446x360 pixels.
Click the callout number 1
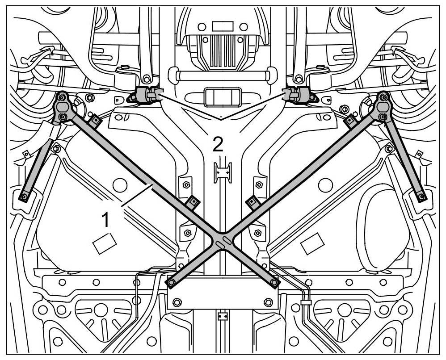(105, 220)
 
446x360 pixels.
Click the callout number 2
(218, 144)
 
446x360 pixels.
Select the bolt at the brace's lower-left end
(172, 282)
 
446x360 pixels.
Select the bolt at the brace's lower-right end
(274, 282)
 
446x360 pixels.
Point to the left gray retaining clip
(146, 95)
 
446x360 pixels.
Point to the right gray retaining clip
(297, 95)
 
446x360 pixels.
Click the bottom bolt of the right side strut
(421, 195)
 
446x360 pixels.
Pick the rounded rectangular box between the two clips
(222, 96)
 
